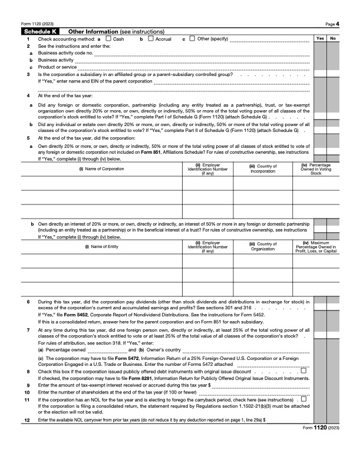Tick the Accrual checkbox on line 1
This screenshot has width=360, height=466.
151,39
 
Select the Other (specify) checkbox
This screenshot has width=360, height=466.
192,39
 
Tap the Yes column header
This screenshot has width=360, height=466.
320,38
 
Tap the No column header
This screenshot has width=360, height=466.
333,38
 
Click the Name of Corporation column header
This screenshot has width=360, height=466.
101,169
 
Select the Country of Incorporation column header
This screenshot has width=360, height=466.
263,169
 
